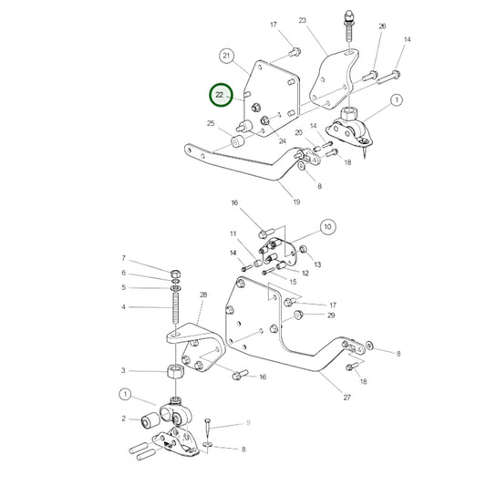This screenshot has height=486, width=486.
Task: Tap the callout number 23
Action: (x=303, y=20)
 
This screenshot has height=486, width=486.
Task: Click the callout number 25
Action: (x=211, y=123)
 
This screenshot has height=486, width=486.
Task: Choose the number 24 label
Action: (x=282, y=140)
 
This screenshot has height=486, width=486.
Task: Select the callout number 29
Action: (x=331, y=315)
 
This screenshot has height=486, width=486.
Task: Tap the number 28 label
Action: (x=202, y=295)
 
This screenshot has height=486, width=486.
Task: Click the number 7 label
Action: (x=125, y=258)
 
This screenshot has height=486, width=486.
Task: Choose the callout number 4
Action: (x=125, y=306)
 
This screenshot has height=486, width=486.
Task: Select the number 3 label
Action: (x=125, y=371)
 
